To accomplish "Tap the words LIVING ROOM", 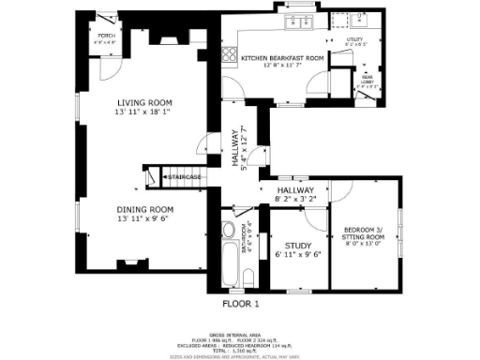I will pos(142,103).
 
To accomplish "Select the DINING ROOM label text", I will pos(144,209).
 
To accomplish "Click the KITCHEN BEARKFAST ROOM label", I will pos(282,58).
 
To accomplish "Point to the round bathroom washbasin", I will pos(229,232).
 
